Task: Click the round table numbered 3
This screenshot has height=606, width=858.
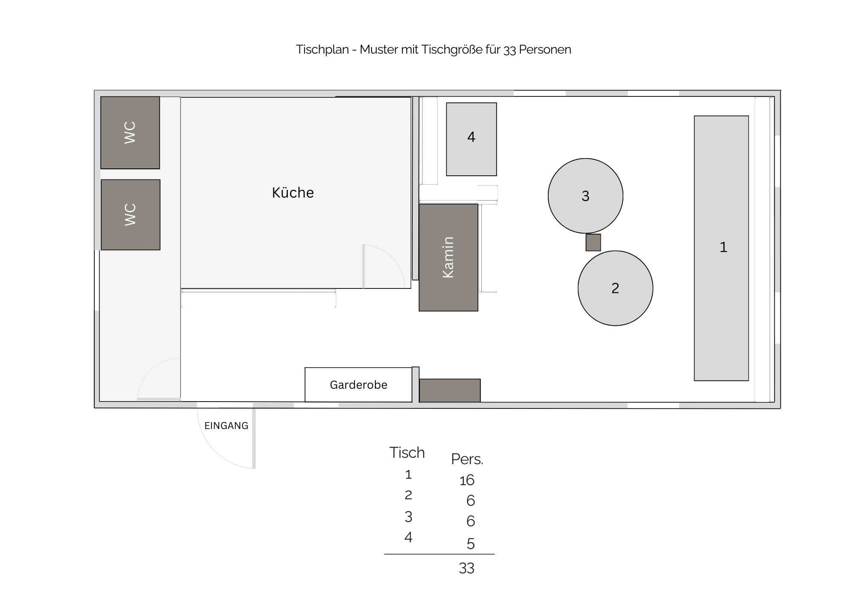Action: pos(586,196)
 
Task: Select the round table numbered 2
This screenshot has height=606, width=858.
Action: pos(616,288)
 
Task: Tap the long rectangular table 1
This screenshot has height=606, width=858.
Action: pos(722,248)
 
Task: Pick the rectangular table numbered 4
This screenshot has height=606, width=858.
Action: pos(471,139)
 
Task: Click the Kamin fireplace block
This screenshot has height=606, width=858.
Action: pos(448,257)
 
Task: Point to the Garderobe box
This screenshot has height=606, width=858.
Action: pos(359,385)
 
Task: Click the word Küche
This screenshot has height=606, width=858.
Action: pos(293,193)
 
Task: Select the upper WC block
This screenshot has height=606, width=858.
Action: pos(130,132)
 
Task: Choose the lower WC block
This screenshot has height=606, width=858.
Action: pos(130,215)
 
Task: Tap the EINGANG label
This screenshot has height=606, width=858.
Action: pos(227,426)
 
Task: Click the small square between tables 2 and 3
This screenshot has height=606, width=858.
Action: pos(593,243)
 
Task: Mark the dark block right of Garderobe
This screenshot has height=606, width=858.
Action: pos(450,390)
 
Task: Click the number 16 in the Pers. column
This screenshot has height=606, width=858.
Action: pos(467,480)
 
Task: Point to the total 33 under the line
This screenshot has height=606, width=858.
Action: pos(467,568)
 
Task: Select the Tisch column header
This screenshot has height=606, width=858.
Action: pos(407,453)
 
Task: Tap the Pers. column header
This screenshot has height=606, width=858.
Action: pos(467,459)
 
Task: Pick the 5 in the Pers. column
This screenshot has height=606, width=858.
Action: pos(471,544)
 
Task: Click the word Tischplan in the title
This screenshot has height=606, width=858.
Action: pos(322,50)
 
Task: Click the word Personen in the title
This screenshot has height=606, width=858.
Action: pos(545,50)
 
